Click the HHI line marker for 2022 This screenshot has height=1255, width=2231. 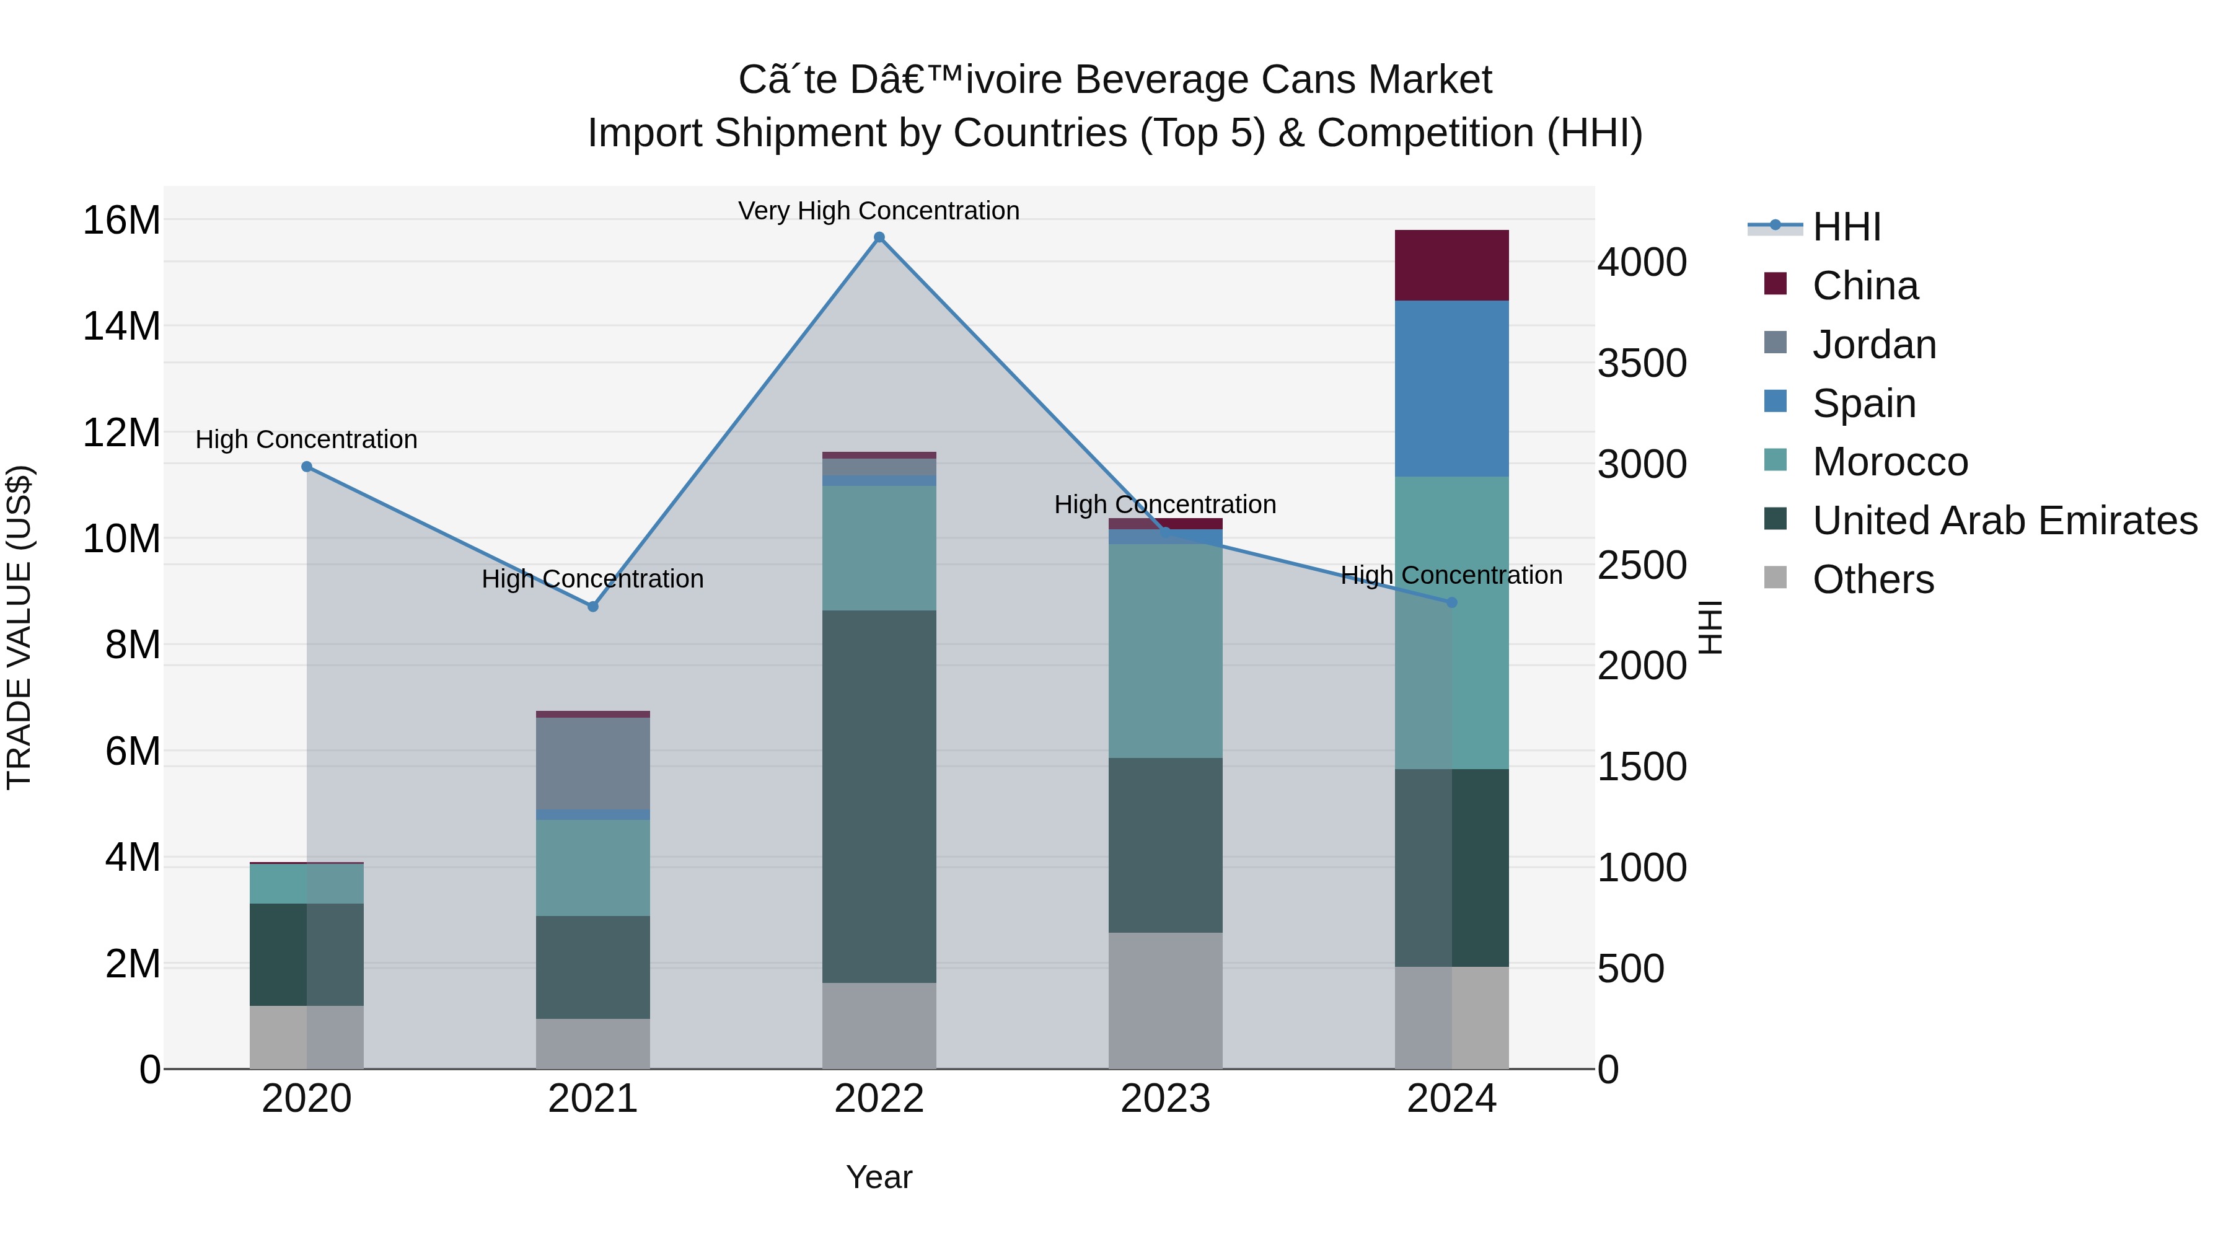879,237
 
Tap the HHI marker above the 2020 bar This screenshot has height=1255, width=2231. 307,467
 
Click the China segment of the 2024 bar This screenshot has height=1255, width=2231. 1451,265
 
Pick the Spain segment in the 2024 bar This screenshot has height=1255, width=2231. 1451,388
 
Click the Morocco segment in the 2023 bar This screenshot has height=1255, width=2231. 1165,651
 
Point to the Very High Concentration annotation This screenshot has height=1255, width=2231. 879,211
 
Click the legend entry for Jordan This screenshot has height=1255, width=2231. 1874,345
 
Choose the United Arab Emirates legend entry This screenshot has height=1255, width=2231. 2004,521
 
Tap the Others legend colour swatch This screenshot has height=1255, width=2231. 1776,578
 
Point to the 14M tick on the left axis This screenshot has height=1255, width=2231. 121,327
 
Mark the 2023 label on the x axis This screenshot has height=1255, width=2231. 1165,1099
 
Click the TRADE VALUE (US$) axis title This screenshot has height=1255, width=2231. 19,628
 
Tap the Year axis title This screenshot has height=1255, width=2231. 879,1177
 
